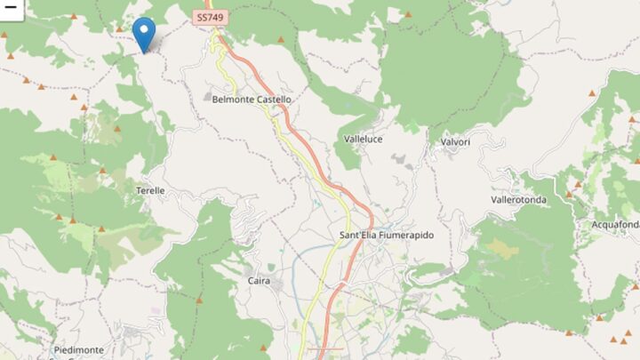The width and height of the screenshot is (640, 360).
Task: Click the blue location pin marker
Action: pyautogui.click(x=143, y=34)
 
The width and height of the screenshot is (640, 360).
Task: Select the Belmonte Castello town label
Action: pyautogui.click(x=252, y=100)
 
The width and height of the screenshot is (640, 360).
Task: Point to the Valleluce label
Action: pyautogui.click(x=364, y=140)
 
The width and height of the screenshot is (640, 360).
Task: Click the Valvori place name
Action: pyautogui.click(x=454, y=141)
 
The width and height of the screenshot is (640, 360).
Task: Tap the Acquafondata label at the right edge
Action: pyautogui.click(x=615, y=225)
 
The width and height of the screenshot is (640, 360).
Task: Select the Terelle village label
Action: pyautogui.click(x=151, y=191)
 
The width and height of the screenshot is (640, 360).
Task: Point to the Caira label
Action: pyautogui.click(x=259, y=281)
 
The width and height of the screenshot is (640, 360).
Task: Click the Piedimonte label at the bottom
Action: pyautogui.click(x=77, y=351)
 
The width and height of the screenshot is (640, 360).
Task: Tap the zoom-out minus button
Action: pyautogui.click(x=10, y=5)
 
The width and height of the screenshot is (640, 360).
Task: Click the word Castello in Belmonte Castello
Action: pyautogui.click(x=272, y=100)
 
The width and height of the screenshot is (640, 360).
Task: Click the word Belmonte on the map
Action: pyautogui.click(x=232, y=100)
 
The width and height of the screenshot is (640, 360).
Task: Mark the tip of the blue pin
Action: pyautogui.click(x=143, y=52)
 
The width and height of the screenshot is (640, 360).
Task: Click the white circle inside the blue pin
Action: pyautogui.click(x=143, y=29)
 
